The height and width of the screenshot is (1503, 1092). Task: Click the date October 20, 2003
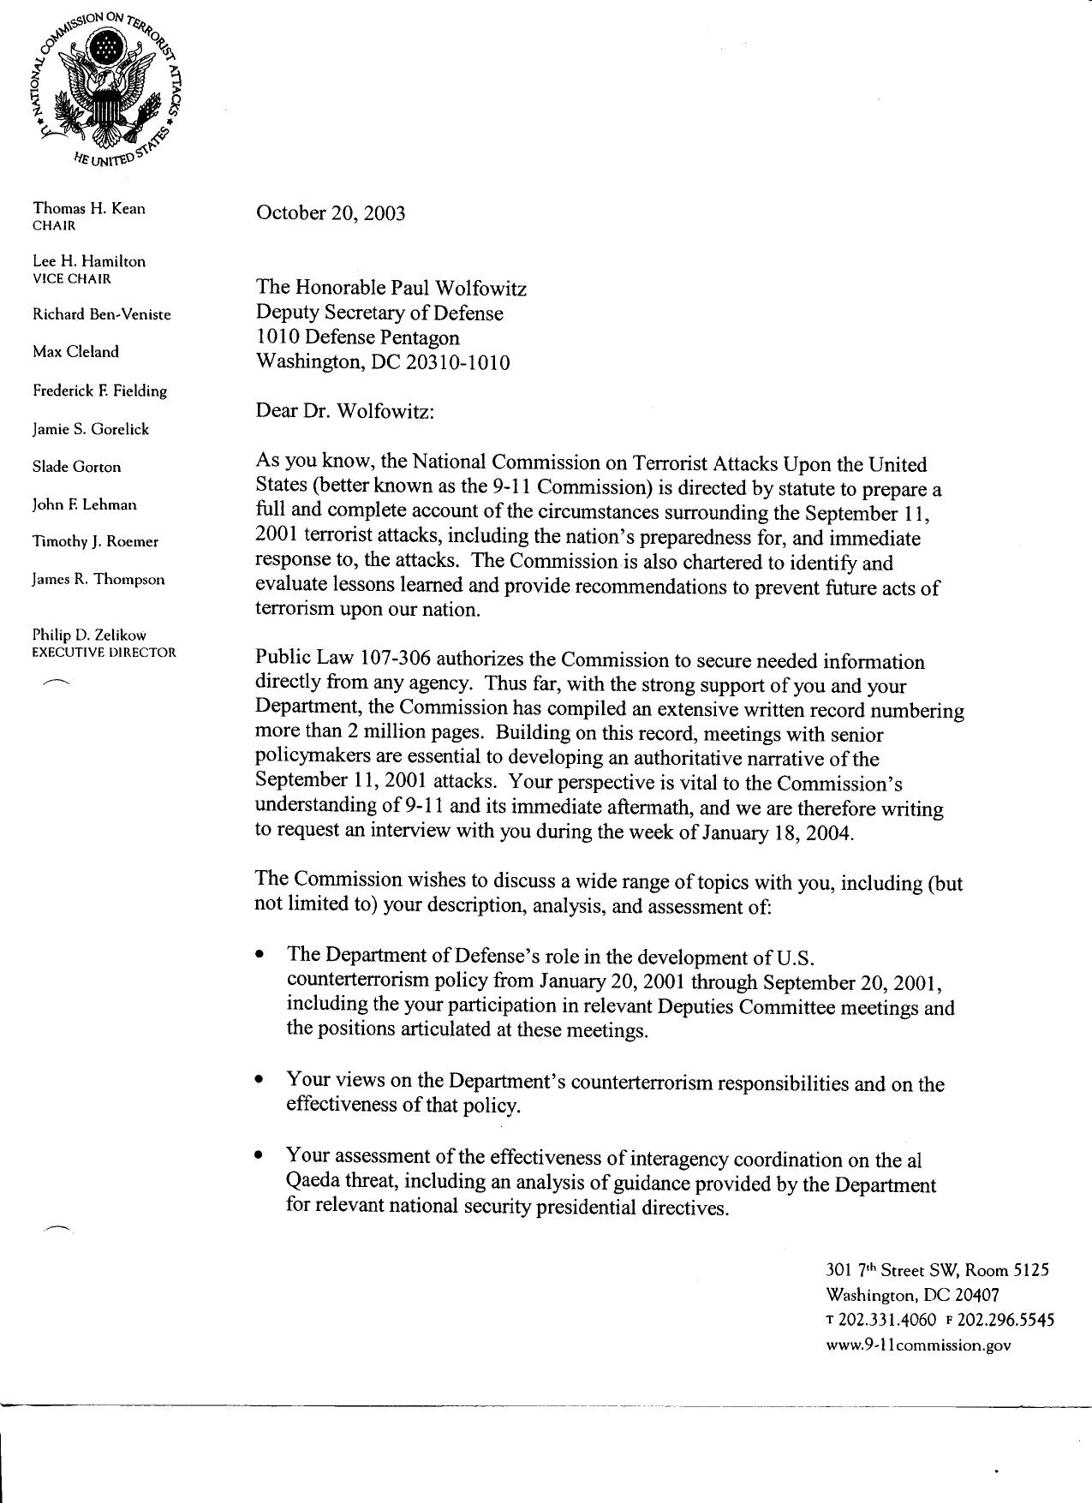(x=331, y=213)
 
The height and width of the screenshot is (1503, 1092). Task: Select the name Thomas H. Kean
(x=89, y=208)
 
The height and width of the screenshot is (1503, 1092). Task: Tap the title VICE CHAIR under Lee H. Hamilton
(x=72, y=278)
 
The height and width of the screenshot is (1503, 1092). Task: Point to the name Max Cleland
(x=76, y=352)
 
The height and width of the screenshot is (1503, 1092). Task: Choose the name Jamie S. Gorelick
(x=91, y=429)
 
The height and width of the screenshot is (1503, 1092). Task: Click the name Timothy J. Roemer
(x=95, y=541)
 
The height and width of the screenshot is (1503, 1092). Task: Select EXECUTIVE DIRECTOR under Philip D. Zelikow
(x=104, y=652)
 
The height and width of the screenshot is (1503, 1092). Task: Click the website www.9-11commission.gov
(x=918, y=1345)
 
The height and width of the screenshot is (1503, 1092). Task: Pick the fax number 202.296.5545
(x=1005, y=1320)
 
